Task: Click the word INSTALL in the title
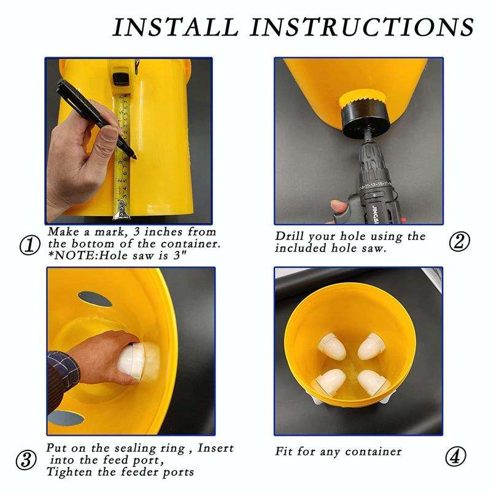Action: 174,28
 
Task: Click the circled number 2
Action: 458,241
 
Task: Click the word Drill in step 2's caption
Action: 292,236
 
